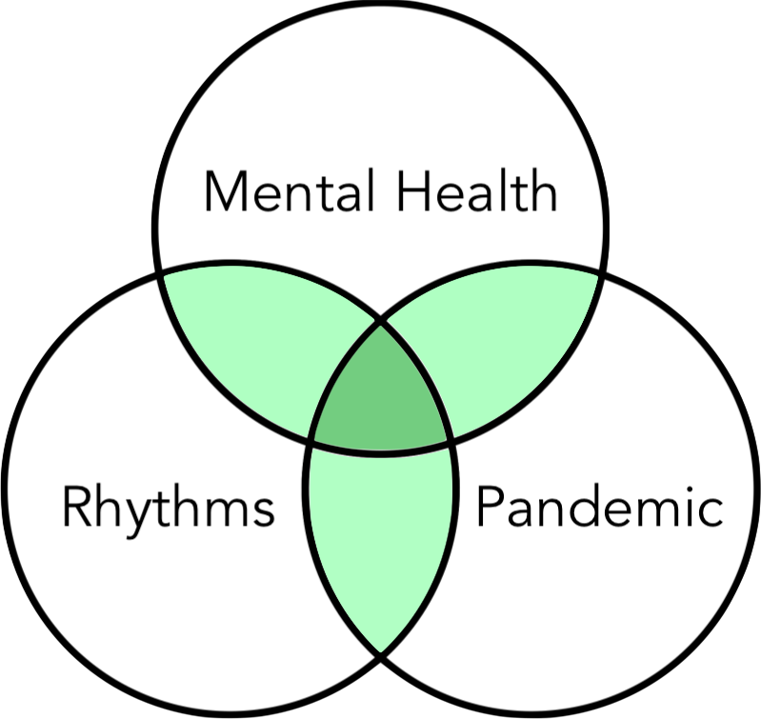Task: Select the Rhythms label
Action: (168, 507)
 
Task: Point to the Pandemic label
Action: (598, 507)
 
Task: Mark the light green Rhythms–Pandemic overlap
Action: (381, 543)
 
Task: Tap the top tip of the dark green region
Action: (381, 322)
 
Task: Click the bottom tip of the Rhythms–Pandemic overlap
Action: (381, 654)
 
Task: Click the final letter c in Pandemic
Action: (710, 512)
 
